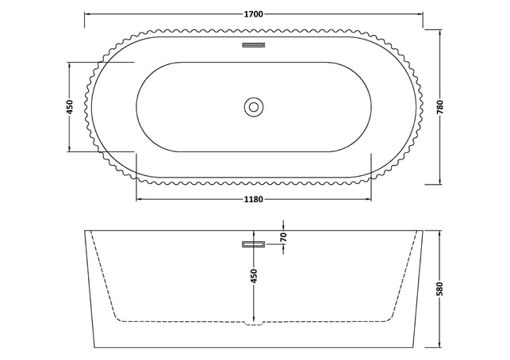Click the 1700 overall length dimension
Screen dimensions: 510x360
click(253, 14)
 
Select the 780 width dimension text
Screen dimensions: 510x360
click(440, 107)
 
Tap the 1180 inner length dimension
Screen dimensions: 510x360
click(253, 199)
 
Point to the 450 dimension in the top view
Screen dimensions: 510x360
click(70, 107)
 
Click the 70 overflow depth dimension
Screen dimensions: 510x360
click(283, 237)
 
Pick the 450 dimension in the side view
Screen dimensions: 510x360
click(254, 275)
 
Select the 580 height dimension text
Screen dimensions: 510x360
click(440, 289)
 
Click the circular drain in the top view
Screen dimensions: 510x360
click(253, 107)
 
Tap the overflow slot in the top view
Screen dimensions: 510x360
click(254, 45)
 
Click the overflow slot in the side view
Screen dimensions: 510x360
click(254, 244)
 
